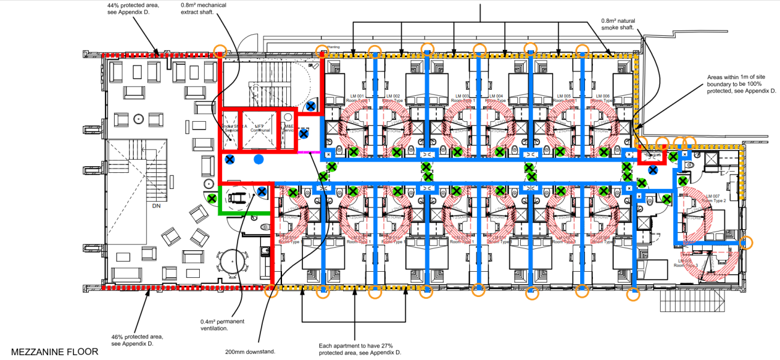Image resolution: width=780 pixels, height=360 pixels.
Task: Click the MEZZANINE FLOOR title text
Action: coord(55,351)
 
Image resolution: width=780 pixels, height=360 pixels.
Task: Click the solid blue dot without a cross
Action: coord(259,159)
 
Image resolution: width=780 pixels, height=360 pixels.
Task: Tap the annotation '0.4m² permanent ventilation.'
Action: coord(222,325)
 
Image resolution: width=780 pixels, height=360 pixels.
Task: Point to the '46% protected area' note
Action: coord(137,340)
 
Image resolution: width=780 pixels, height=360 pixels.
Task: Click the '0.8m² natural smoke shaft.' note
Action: coord(618,25)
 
